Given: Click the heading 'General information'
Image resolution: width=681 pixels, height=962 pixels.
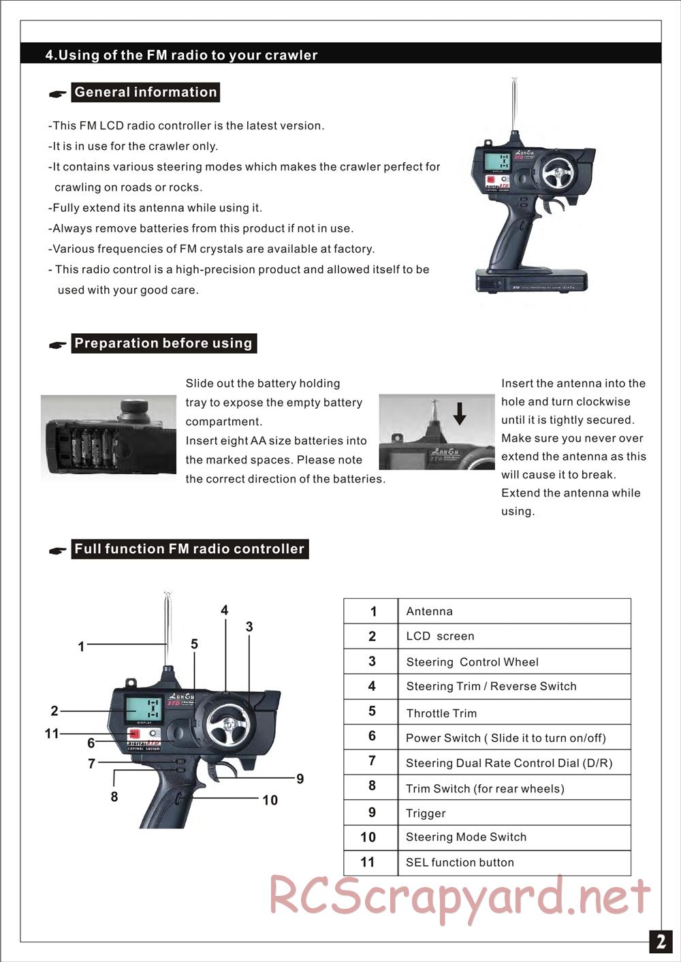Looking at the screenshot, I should (145, 92).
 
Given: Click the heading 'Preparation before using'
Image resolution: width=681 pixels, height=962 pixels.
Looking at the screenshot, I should (163, 343).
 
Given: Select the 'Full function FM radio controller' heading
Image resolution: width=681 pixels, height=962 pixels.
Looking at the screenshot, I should (189, 549).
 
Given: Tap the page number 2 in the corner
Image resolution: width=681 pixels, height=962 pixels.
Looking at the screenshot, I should (660, 941).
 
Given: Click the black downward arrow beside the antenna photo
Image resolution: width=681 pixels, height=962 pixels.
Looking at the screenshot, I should (460, 413).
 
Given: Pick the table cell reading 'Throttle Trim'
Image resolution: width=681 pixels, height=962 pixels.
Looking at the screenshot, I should (441, 713).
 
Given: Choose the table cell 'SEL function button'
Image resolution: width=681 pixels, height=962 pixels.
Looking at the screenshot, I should (460, 863).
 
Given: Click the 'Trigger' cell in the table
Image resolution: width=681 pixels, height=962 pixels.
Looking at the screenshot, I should (426, 813).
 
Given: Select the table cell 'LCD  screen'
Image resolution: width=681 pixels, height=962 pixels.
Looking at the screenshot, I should (440, 636).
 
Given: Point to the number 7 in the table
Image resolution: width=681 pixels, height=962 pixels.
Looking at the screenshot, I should (372, 761).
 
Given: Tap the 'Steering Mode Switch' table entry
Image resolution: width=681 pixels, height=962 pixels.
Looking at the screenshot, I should (466, 837).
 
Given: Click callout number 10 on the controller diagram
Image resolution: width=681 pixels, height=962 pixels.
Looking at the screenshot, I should (270, 801).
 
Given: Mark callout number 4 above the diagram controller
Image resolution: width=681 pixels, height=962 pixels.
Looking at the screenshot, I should (224, 610).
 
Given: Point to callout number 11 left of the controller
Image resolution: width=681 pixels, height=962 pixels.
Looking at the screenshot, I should (52, 734).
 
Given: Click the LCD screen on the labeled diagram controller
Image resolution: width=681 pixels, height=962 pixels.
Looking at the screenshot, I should (144, 710).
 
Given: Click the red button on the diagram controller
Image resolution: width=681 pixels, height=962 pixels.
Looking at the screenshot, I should (135, 734).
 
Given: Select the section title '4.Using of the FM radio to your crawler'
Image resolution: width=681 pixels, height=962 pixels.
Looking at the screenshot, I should (181, 55).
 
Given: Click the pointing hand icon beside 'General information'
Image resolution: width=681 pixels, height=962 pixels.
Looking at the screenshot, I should (58, 94).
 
